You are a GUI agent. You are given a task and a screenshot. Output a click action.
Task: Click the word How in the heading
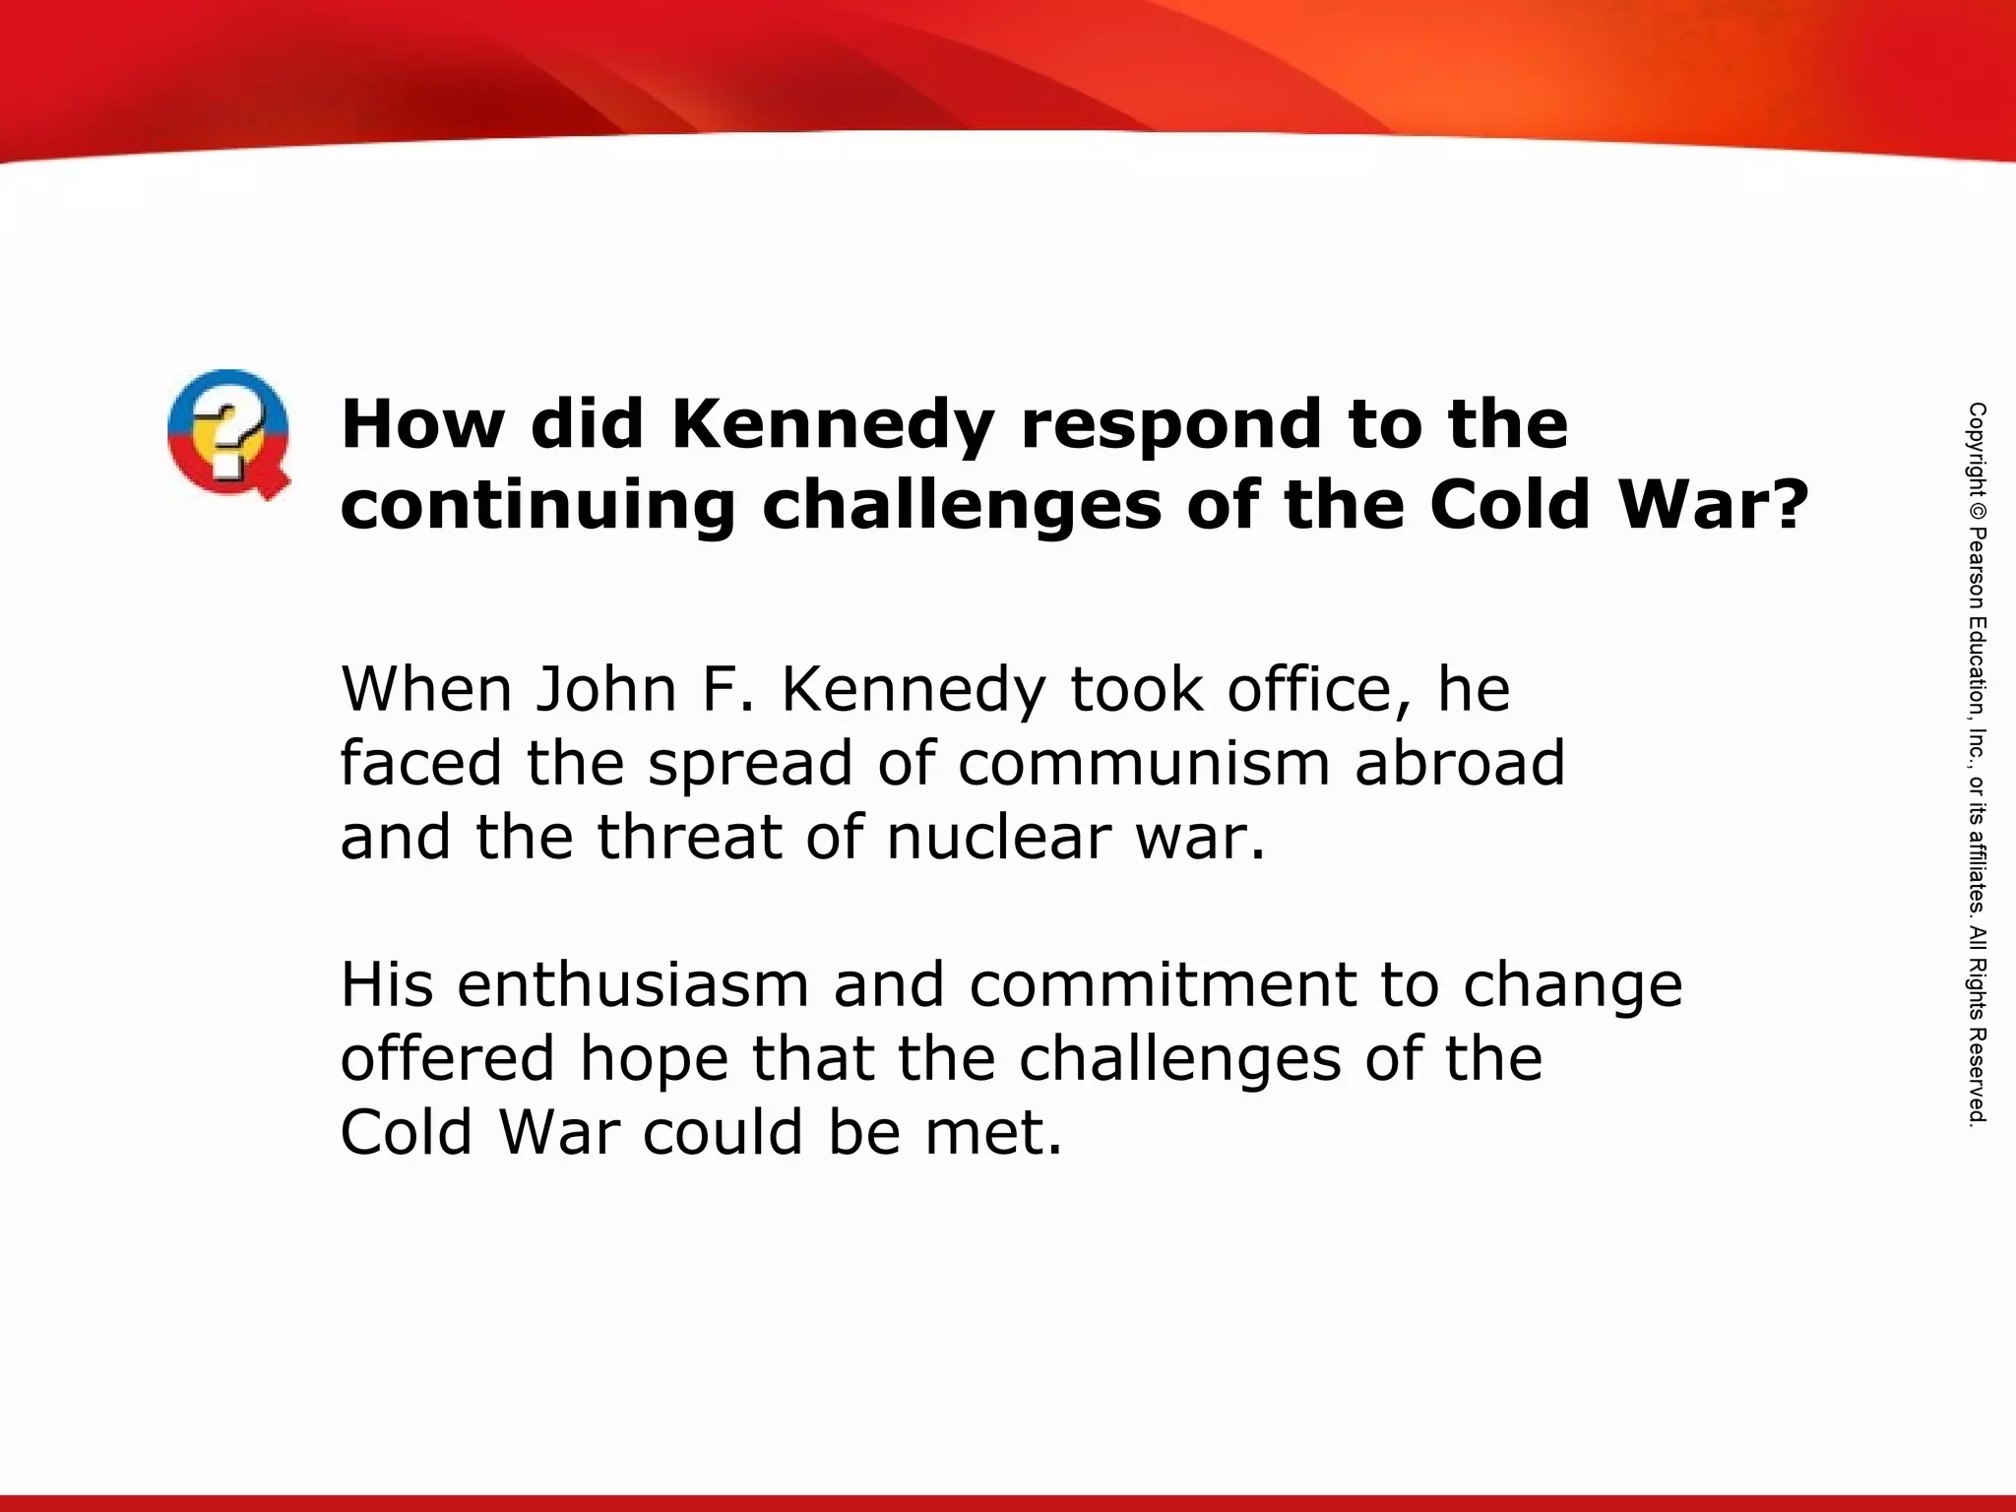point(422,425)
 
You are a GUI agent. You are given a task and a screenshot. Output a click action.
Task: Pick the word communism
point(1144,763)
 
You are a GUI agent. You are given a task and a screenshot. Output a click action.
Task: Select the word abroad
point(1460,763)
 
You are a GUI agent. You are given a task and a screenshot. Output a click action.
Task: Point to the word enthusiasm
point(633,984)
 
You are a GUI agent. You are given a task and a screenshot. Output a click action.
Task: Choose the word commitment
point(1163,984)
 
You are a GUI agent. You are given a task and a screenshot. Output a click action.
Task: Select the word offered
point(449,1058)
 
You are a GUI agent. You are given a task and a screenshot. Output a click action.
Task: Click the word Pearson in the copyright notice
point(1977,570)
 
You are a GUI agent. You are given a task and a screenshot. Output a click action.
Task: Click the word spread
point(750,765)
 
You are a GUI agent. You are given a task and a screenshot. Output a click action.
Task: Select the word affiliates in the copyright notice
point(1977,865)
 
